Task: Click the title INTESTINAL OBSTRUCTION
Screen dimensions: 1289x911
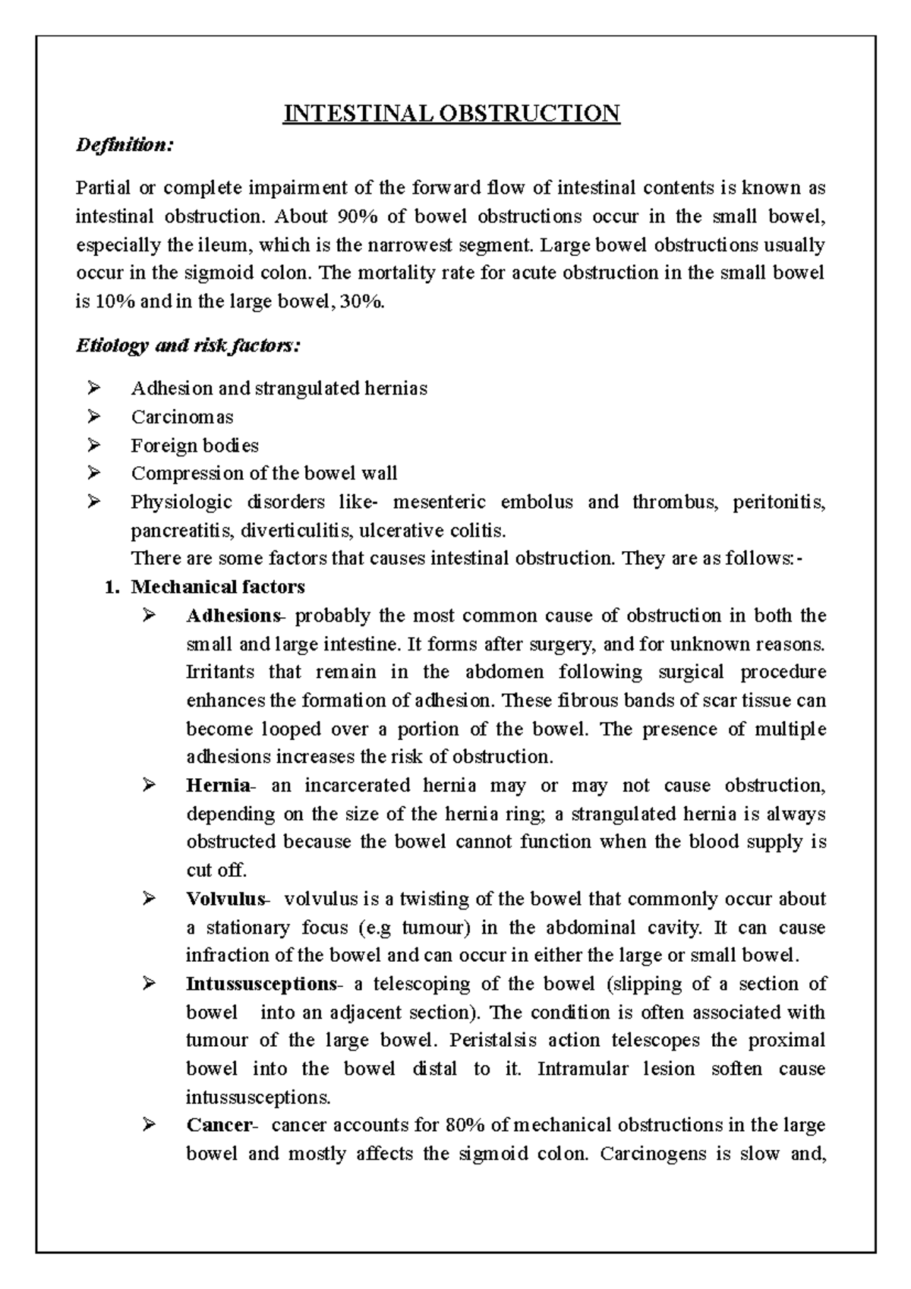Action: tap(452, 114)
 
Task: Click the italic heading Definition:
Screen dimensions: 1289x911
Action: tap(125, 145)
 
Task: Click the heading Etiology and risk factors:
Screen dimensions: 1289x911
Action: tap(188, 346)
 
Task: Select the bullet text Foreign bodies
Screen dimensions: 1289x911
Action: tap(194, 446)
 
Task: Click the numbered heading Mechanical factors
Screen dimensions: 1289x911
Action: tap(218, 587)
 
